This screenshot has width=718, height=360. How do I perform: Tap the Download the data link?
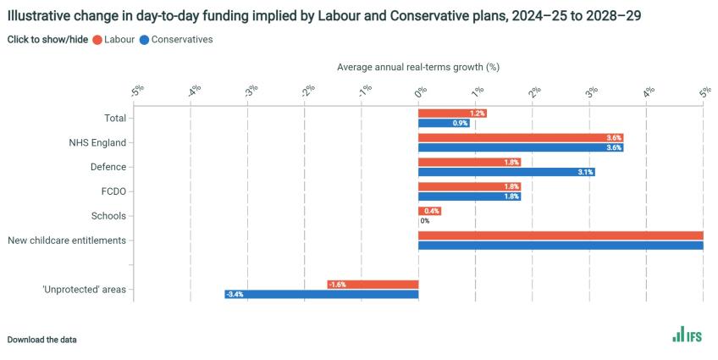(41, 340)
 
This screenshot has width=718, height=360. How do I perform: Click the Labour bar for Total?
(452, 114)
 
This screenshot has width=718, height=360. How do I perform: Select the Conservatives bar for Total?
(444, 124)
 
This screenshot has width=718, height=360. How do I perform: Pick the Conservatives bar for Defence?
(506, 172)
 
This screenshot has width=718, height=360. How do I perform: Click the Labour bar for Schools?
(429, 211)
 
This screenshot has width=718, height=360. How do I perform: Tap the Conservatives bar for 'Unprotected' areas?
(322, 294)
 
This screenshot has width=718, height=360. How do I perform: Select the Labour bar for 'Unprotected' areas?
(373, 285)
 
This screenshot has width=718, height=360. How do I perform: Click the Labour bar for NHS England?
(521, 138)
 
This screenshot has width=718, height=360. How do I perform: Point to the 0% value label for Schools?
(425, 221)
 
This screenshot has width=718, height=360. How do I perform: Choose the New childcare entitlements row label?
(67, 241)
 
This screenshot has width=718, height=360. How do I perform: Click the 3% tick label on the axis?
(591, 91)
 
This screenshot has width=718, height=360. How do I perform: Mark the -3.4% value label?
(235, 295)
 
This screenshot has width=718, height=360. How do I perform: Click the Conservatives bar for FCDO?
(469, 197)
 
